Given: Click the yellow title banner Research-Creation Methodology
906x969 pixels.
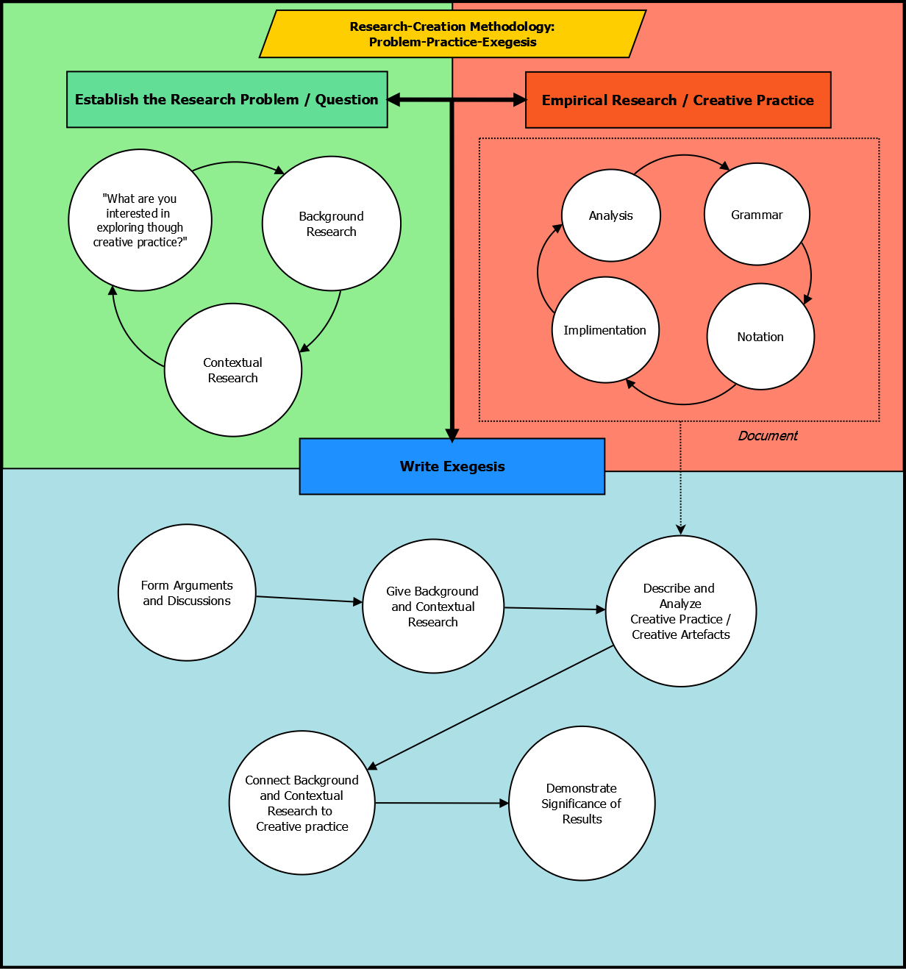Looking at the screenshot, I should point(452,34).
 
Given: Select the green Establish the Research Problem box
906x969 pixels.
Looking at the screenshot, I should point(226,99).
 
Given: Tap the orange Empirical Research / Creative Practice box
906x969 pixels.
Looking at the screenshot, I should point(677,100).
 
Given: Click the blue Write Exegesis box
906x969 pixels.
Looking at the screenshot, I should point(452,466).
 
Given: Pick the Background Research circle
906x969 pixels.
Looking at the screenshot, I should point(331,224).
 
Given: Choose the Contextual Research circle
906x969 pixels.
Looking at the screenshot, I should point(232,370).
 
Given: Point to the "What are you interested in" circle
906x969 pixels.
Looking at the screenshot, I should point(140,220).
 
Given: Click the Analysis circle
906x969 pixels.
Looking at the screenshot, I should point(610,215).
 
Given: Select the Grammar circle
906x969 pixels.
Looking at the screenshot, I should point(757,215).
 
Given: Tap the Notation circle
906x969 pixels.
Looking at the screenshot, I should point(760,337).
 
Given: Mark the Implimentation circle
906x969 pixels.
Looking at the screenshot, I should point(604,330).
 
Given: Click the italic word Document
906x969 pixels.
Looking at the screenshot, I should point(767,436).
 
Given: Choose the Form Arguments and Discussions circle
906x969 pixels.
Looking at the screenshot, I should point(187,593).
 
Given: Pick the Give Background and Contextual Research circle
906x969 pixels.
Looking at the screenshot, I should point(432,607).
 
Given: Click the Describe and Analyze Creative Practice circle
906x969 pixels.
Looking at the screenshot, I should point(680,611).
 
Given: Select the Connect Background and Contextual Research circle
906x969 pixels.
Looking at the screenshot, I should point(302,803).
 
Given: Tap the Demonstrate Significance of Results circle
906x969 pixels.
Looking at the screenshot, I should point(581,804).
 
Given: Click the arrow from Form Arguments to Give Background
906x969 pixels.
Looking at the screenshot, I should point(309,600).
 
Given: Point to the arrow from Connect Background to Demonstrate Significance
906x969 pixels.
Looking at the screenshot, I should point(441,803).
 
